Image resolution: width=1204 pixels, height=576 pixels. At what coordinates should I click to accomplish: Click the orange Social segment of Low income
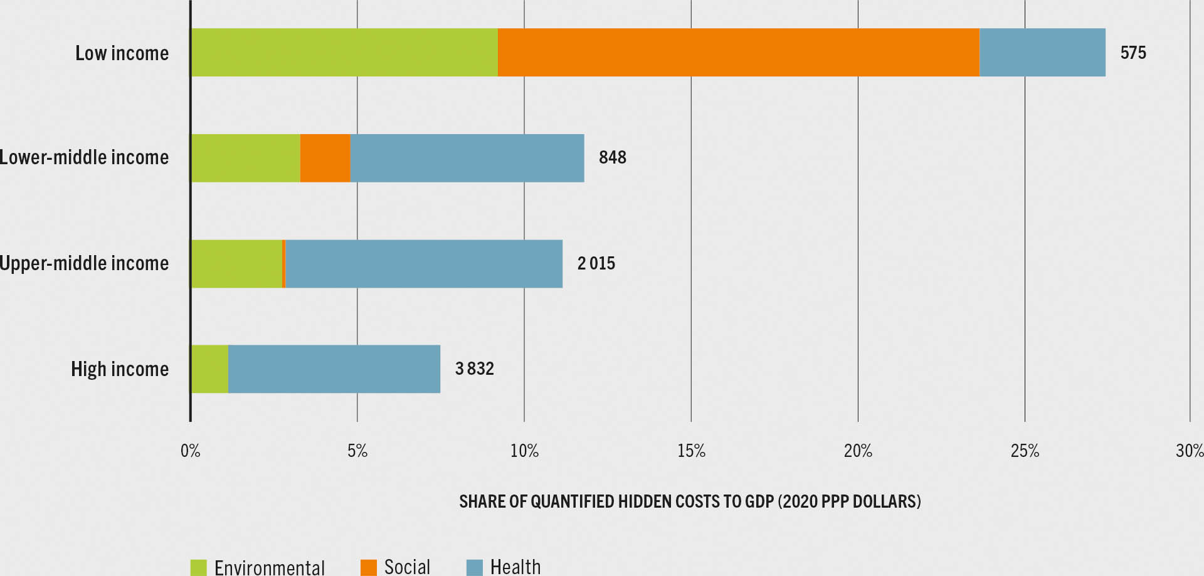coord(738,53)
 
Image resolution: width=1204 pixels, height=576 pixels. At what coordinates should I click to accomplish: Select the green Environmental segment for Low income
coord(344,53)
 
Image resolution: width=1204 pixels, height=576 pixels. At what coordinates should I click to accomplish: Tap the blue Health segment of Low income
coord(1042,53)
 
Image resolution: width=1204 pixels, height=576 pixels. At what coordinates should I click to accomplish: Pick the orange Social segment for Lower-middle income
coord(325,158)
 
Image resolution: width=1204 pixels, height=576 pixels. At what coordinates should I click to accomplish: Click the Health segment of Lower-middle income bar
coord(467,158)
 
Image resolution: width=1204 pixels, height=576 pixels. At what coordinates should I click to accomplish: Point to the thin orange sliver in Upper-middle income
coord(284,264)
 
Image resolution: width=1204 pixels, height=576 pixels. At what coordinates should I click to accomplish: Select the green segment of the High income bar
coord(209,369)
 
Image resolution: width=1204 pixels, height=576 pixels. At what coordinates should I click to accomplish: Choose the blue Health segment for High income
coord(334,369)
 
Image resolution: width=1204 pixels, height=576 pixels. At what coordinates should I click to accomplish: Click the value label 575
coord(1133,53)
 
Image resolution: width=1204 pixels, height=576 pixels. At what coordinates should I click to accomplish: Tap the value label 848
coord(612,157)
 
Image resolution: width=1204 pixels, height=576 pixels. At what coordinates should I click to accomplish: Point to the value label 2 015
coord(596,263)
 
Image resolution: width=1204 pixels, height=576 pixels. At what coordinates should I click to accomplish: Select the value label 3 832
coord(474,369)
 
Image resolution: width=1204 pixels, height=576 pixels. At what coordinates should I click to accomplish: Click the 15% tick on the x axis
coord(691,451)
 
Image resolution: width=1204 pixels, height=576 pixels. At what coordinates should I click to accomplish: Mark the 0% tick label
coord(190,451)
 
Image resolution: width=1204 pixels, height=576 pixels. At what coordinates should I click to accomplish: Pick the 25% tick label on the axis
coord(1025,451)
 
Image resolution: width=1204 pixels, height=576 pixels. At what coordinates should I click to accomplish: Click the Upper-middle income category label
coord(84,263)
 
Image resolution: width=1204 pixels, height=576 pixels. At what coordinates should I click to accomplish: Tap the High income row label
coord(120,369)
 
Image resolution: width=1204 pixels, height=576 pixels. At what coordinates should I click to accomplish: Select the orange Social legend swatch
coord(369,567)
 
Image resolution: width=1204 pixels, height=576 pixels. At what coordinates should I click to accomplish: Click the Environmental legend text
coord(270,567)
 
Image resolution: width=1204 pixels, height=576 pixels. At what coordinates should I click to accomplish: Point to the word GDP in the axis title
coord(759,501)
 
